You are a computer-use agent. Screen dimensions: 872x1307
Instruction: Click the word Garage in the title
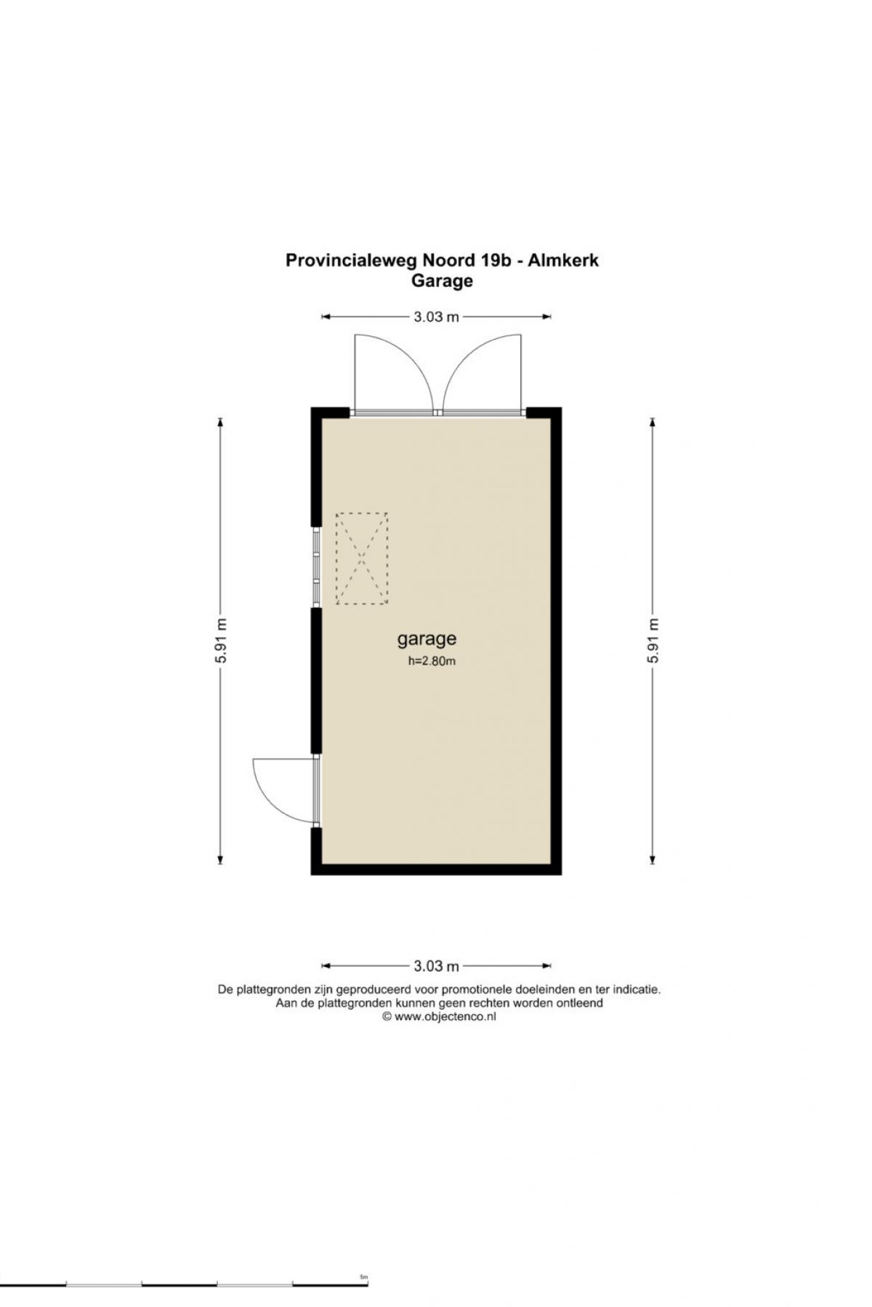pos(442,281)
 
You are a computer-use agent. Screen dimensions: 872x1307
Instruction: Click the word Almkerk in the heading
pos(563,260)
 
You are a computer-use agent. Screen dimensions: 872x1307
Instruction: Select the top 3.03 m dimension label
pos(437,317)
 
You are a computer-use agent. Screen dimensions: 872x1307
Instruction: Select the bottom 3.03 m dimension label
pos(437,966)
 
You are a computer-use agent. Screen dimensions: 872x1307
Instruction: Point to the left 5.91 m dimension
pos(222,640)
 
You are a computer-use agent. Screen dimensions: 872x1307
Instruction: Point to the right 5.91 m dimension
pos(653,640)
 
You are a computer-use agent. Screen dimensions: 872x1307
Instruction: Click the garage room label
pos(427,639)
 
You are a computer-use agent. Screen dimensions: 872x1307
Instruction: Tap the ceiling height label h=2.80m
pos(432,661)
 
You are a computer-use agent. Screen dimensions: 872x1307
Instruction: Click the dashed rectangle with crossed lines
pos(361,558)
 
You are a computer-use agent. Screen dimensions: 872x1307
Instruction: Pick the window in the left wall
pos(316,567)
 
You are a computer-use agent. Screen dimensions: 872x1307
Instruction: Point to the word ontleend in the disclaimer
pos(581,1003)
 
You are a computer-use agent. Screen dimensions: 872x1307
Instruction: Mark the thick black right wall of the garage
pos(556,641)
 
